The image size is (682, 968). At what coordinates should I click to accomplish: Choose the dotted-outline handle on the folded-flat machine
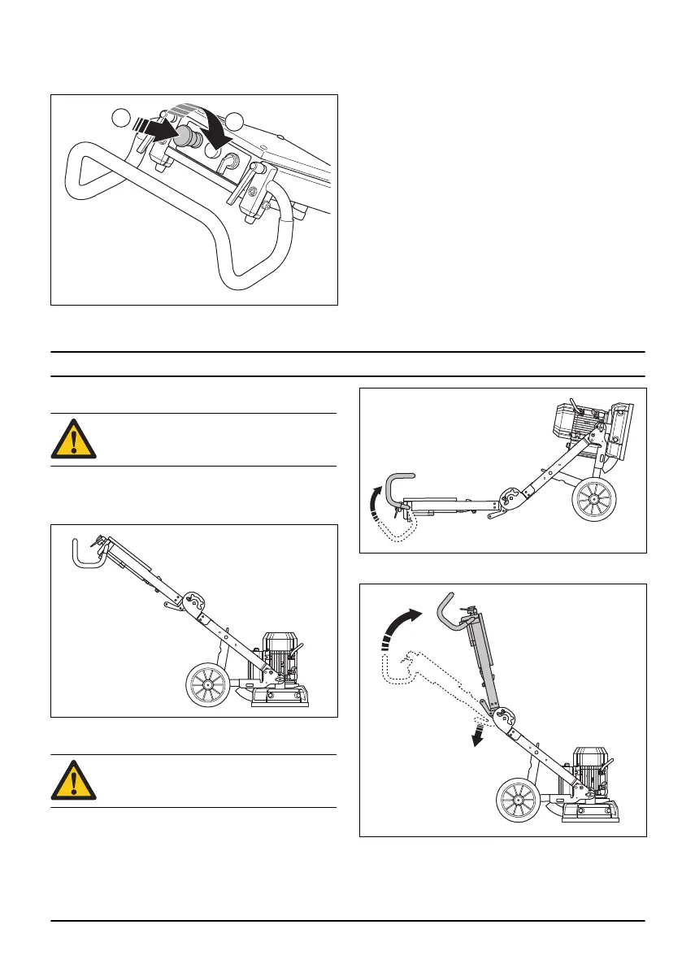395,529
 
